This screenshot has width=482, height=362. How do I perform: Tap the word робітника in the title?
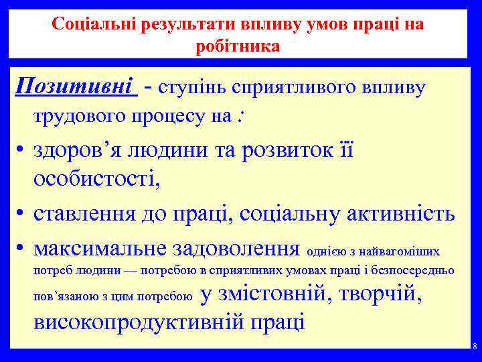point(238,46)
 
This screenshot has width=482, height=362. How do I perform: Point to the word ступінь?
point(199,88)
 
